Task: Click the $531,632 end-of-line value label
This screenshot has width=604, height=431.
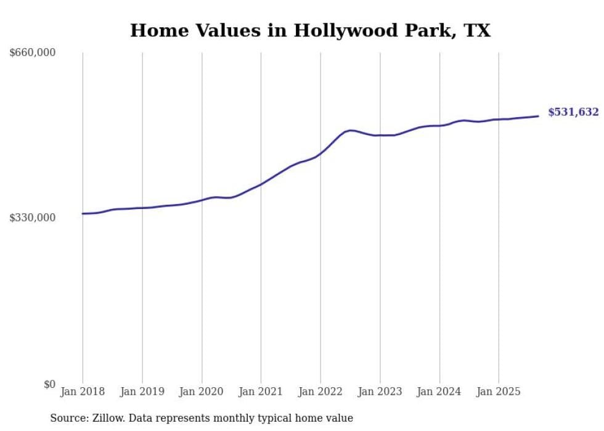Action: [x=573, y=112]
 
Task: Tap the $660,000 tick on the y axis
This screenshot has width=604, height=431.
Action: [x=33, y=53]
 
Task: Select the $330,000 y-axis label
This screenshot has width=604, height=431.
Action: [x=33, y=218]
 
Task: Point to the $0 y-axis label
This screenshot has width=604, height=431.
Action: [x=49, y=384]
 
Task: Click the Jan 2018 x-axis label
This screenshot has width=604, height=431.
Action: [x=83, y=392]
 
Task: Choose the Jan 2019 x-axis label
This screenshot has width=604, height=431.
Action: [x=142, y=392]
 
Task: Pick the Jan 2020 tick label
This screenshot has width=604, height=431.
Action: [x=202, y=392]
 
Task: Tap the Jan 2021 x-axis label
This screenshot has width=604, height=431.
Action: [x=261, y=392]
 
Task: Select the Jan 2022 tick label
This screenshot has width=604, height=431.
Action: [x=320, y=392]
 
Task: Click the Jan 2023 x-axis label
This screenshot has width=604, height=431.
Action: [x=380, y=392]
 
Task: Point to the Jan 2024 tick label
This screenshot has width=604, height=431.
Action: [x=439, y=392]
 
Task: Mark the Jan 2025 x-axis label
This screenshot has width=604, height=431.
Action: [x=499, y=392]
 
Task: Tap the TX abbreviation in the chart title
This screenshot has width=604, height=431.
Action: [x=477, y=31]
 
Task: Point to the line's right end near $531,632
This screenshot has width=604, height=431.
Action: [x=539, y=116]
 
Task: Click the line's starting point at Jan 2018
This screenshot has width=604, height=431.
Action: [x=83, y=213]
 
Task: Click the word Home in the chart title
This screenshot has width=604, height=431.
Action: [x=155, y=31]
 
